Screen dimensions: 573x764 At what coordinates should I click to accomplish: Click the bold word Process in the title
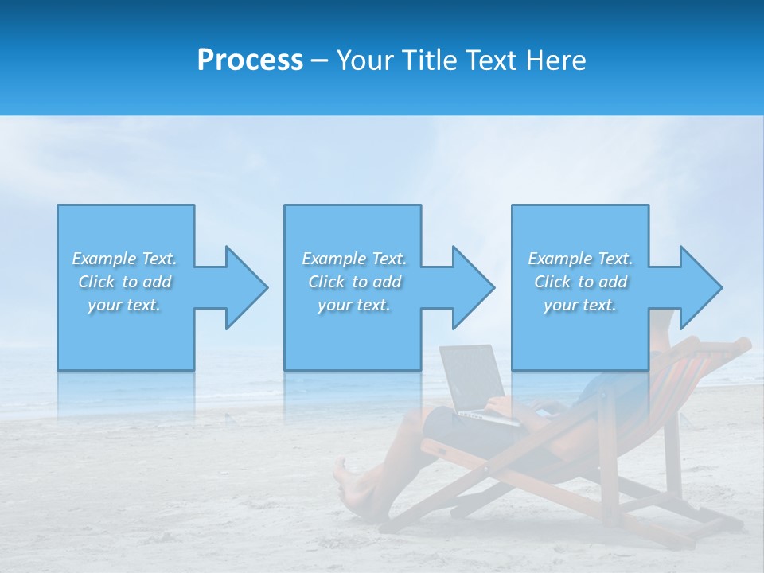[250, 60]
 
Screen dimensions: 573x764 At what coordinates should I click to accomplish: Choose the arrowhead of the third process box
[700, 287]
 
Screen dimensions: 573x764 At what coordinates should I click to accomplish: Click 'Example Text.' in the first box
[124, 259]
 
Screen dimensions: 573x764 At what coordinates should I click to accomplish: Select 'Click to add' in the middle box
[354, 282]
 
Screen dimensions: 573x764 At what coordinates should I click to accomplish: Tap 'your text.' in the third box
[579, 305]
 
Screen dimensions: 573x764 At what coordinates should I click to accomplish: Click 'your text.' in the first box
[124, 305]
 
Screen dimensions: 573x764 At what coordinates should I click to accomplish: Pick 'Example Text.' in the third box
[579, 259]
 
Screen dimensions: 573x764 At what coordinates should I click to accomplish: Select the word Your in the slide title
[365, 60]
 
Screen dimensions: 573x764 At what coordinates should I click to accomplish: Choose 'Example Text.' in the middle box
[354, 259]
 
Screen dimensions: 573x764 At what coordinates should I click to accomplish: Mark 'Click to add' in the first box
[124, 282]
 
